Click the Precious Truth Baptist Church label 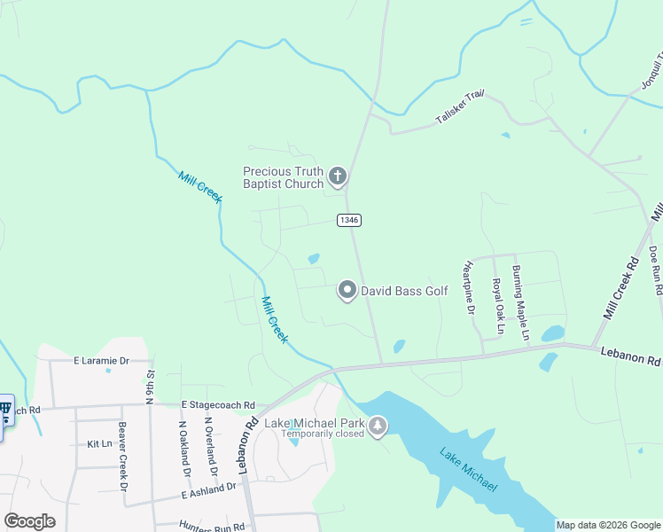(283, 177)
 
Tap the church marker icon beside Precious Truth (337, 177)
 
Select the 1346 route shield (348, 219)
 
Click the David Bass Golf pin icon (347, 290)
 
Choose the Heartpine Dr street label (468, 288)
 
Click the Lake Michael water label (468, 471)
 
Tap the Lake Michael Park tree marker (378, 427)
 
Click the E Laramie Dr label (101, 361)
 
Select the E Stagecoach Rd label (218, 404)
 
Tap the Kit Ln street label (100, 443)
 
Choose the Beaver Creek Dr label (124, 461)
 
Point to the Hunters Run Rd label (211, 526)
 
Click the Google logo (29, 521)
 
